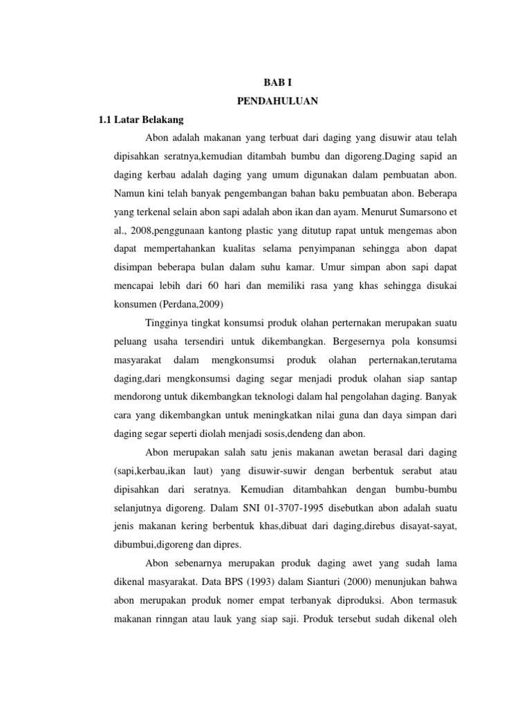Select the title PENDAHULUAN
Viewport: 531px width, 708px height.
[x=277, y=101]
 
